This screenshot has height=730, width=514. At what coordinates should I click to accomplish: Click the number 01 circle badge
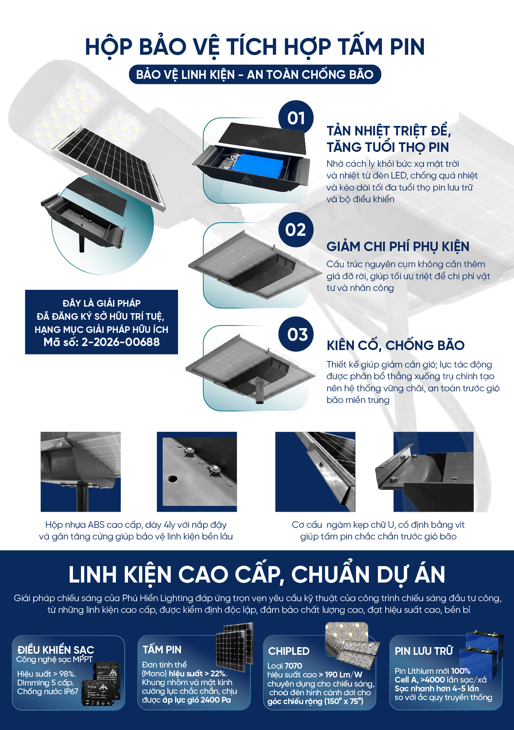point(296,118)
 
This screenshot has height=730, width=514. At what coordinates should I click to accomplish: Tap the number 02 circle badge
point(296,230)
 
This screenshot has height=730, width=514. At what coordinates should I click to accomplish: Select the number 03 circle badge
point(296,334)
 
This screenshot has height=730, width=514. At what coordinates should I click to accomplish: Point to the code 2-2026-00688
point(120,342)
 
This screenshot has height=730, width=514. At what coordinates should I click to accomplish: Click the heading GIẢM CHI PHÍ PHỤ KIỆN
point(398,247)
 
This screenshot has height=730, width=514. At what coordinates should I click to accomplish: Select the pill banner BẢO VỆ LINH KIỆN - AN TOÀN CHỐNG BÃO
point(255,74)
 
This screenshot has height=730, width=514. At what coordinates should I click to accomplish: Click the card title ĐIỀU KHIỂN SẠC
point(55,649)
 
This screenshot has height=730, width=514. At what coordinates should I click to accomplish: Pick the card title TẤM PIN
point(162,649)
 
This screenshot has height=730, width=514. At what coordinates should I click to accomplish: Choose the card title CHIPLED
point(289,651)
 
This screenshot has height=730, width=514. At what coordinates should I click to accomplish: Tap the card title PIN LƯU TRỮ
point(424,651)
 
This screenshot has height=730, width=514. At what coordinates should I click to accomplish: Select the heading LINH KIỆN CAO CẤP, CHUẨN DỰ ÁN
point(257,574)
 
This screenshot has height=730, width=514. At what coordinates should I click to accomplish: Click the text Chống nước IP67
point(47,691)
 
